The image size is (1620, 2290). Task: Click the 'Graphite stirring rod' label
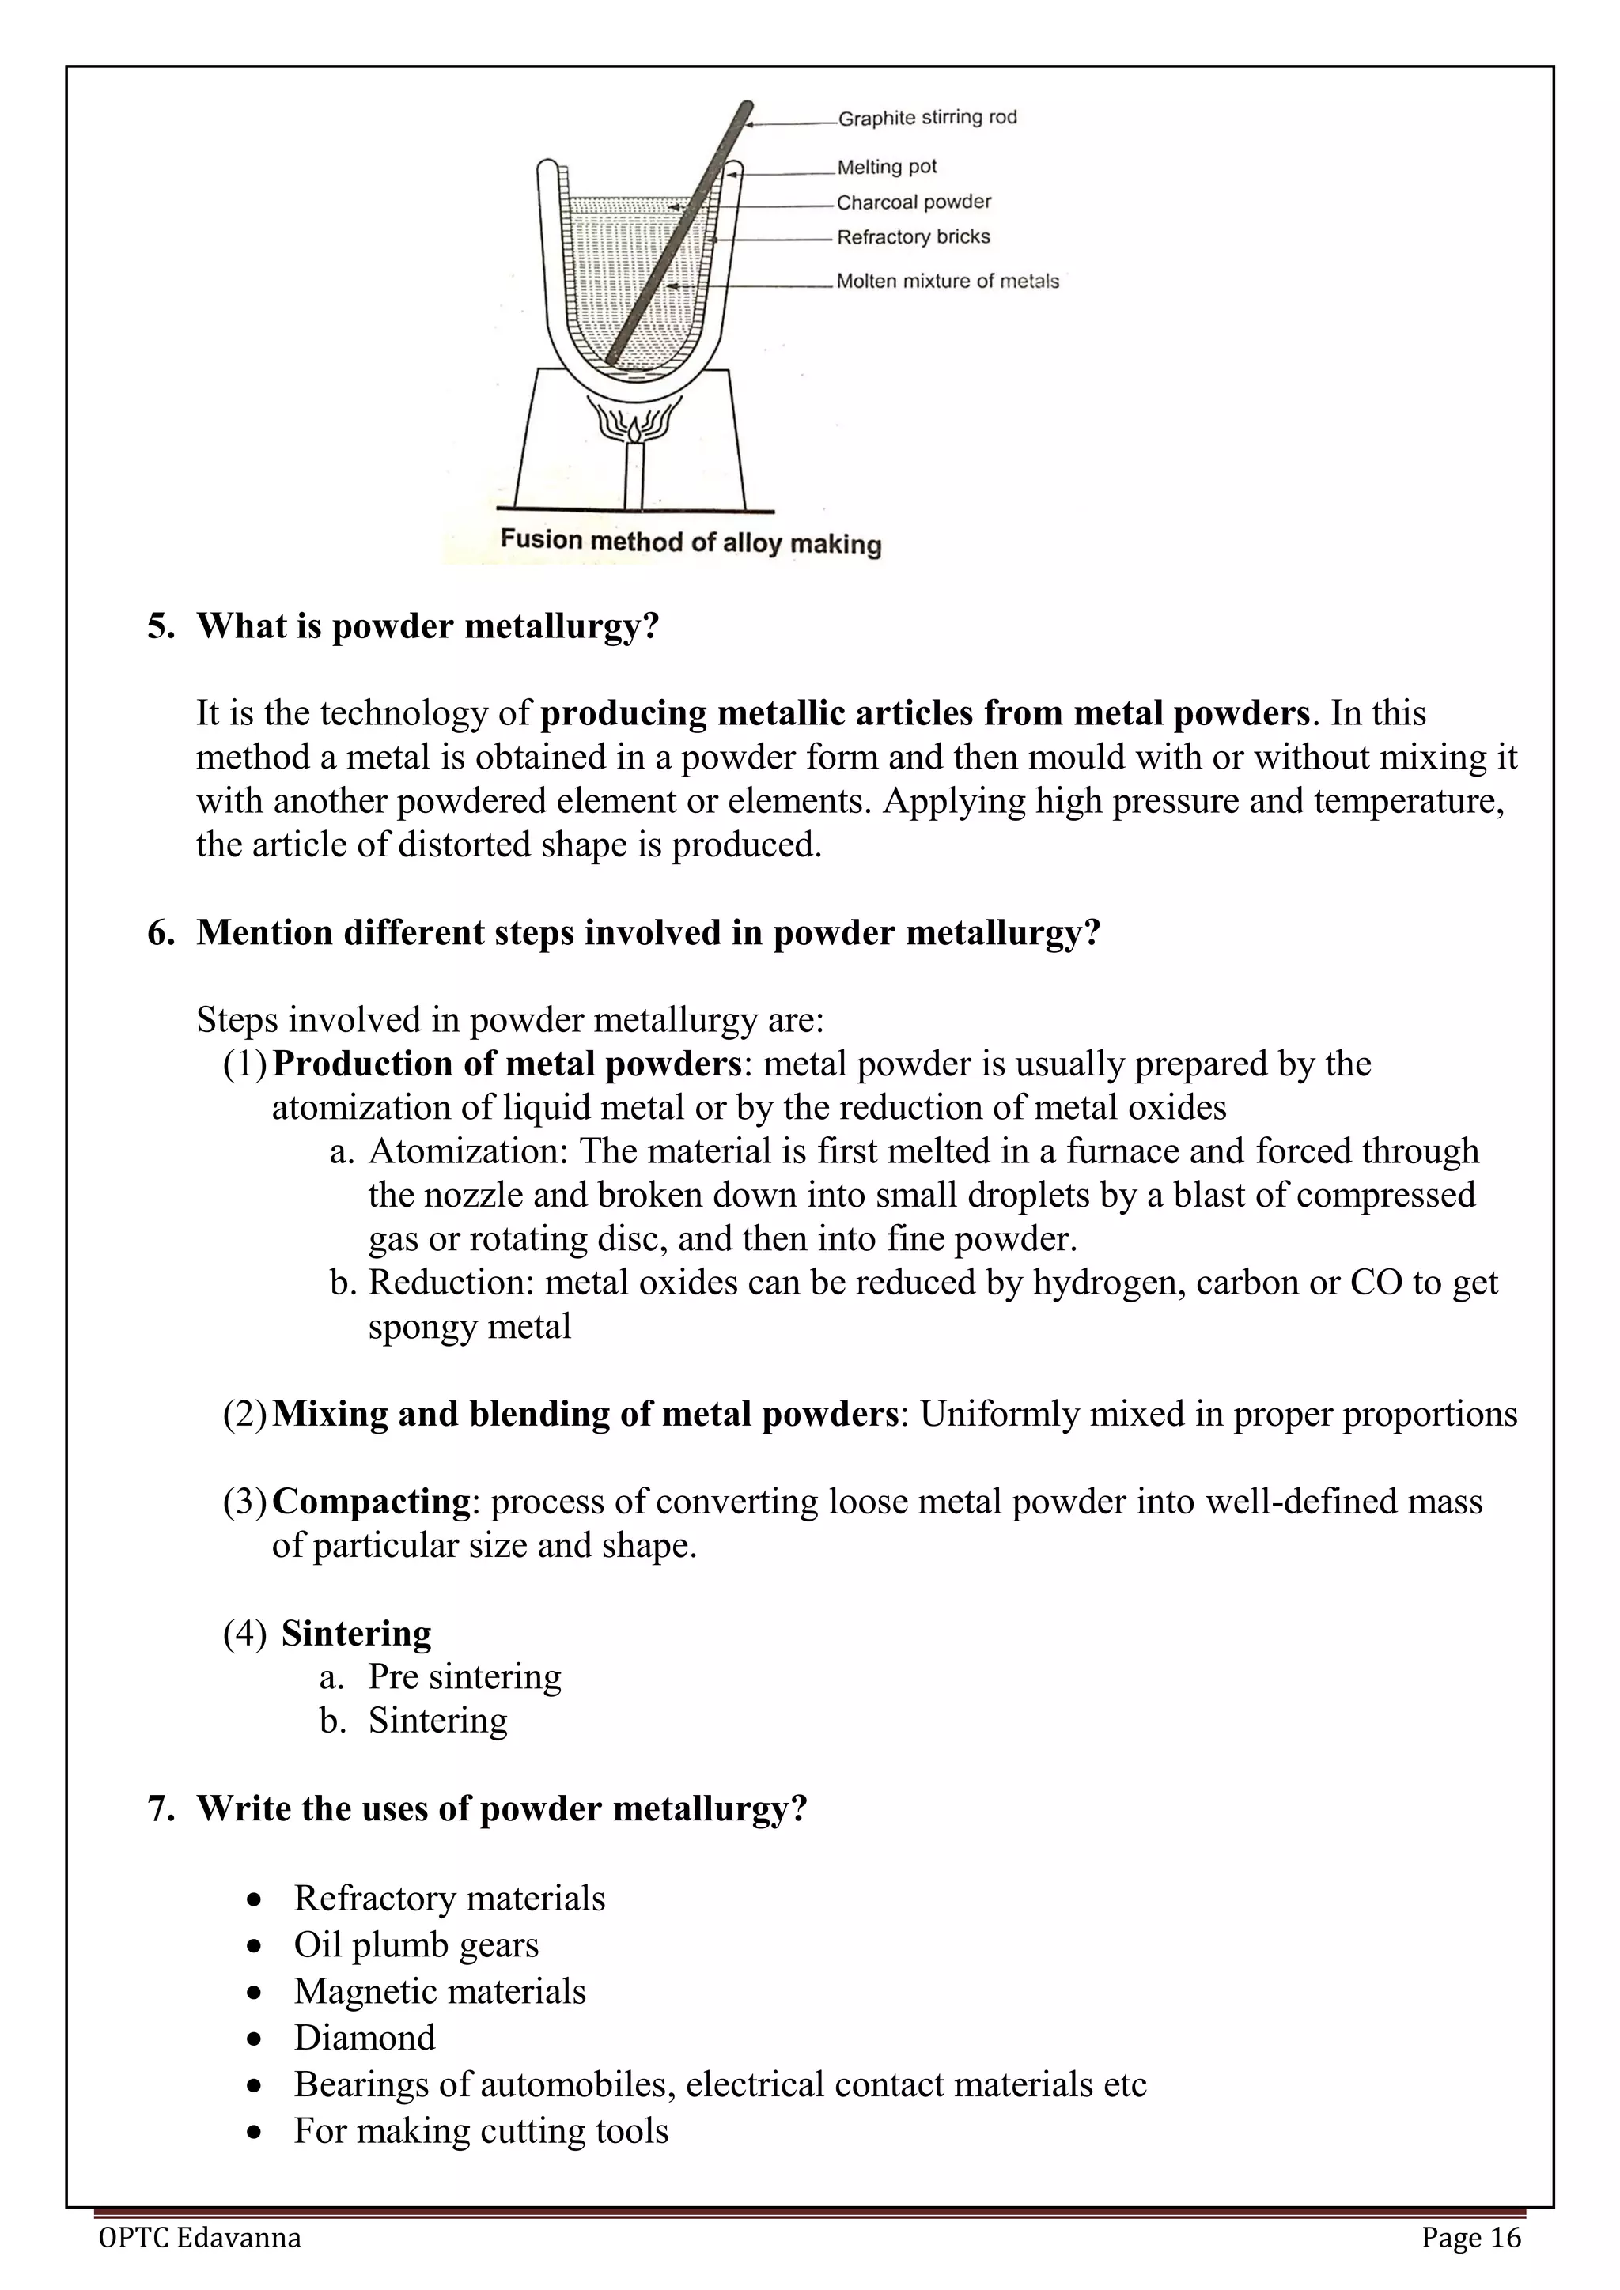(927, 118)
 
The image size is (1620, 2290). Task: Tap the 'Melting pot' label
(886, 167)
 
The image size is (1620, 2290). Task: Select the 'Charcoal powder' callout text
(913, 202)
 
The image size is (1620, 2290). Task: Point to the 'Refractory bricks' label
(913, 236)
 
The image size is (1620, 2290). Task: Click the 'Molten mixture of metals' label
(947, 282)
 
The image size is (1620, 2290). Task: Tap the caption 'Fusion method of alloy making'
(691, 542)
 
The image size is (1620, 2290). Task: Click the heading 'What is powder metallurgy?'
(428, 626)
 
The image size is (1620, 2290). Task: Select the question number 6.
(160, 932)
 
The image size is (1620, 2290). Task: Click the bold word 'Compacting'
(370, 1501)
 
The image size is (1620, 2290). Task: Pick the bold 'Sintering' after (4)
(356, 1633)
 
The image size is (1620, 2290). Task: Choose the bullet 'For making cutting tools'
(481, 2130)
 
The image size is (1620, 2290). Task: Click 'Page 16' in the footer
(1470, 2238)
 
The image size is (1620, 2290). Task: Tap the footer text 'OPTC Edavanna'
(199, 2238)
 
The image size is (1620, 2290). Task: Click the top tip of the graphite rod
(748, 104)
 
